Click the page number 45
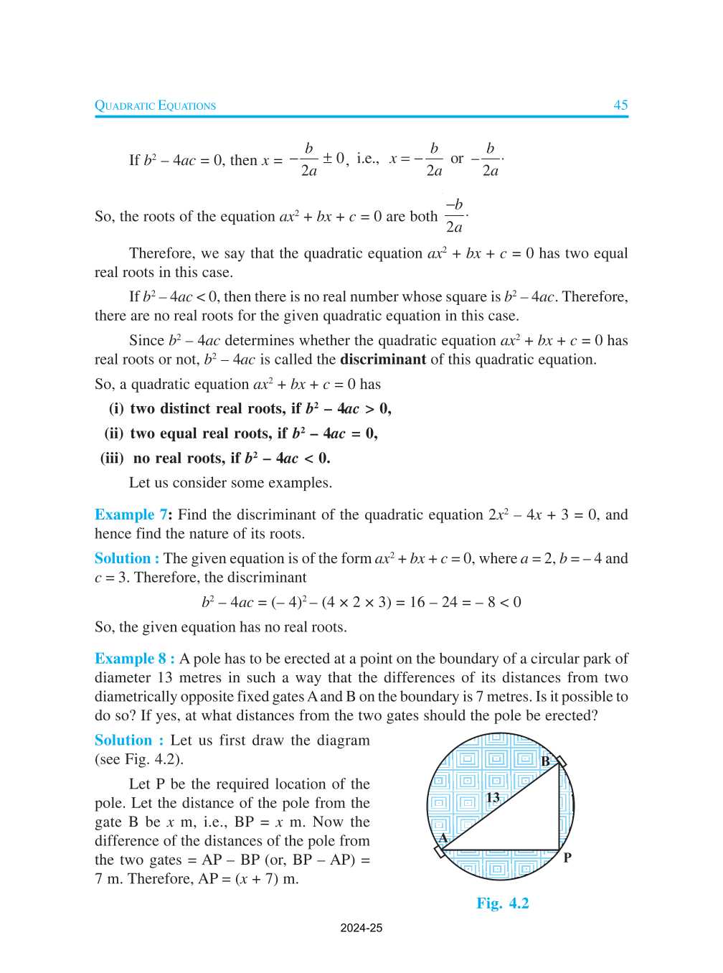tap(620, 105)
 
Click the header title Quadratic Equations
tap(155, 105)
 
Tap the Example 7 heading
tap(131, 514)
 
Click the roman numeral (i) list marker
tap(116, 409)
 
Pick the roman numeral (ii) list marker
tap(114, 433)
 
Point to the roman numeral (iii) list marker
tap(112, 459)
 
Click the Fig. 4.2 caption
tap(502, 903)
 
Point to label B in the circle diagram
tap(545, 761)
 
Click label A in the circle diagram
tap(443, 837)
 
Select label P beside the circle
tap(567, 857)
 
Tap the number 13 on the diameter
tap(493, 797)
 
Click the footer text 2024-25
tap(361, 928)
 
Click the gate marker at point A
tap(439, 852)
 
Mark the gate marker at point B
tap(561, 761)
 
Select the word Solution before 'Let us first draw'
tap(123, 741)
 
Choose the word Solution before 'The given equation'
tap(123, 558)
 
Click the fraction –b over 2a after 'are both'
tap(455, 216)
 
